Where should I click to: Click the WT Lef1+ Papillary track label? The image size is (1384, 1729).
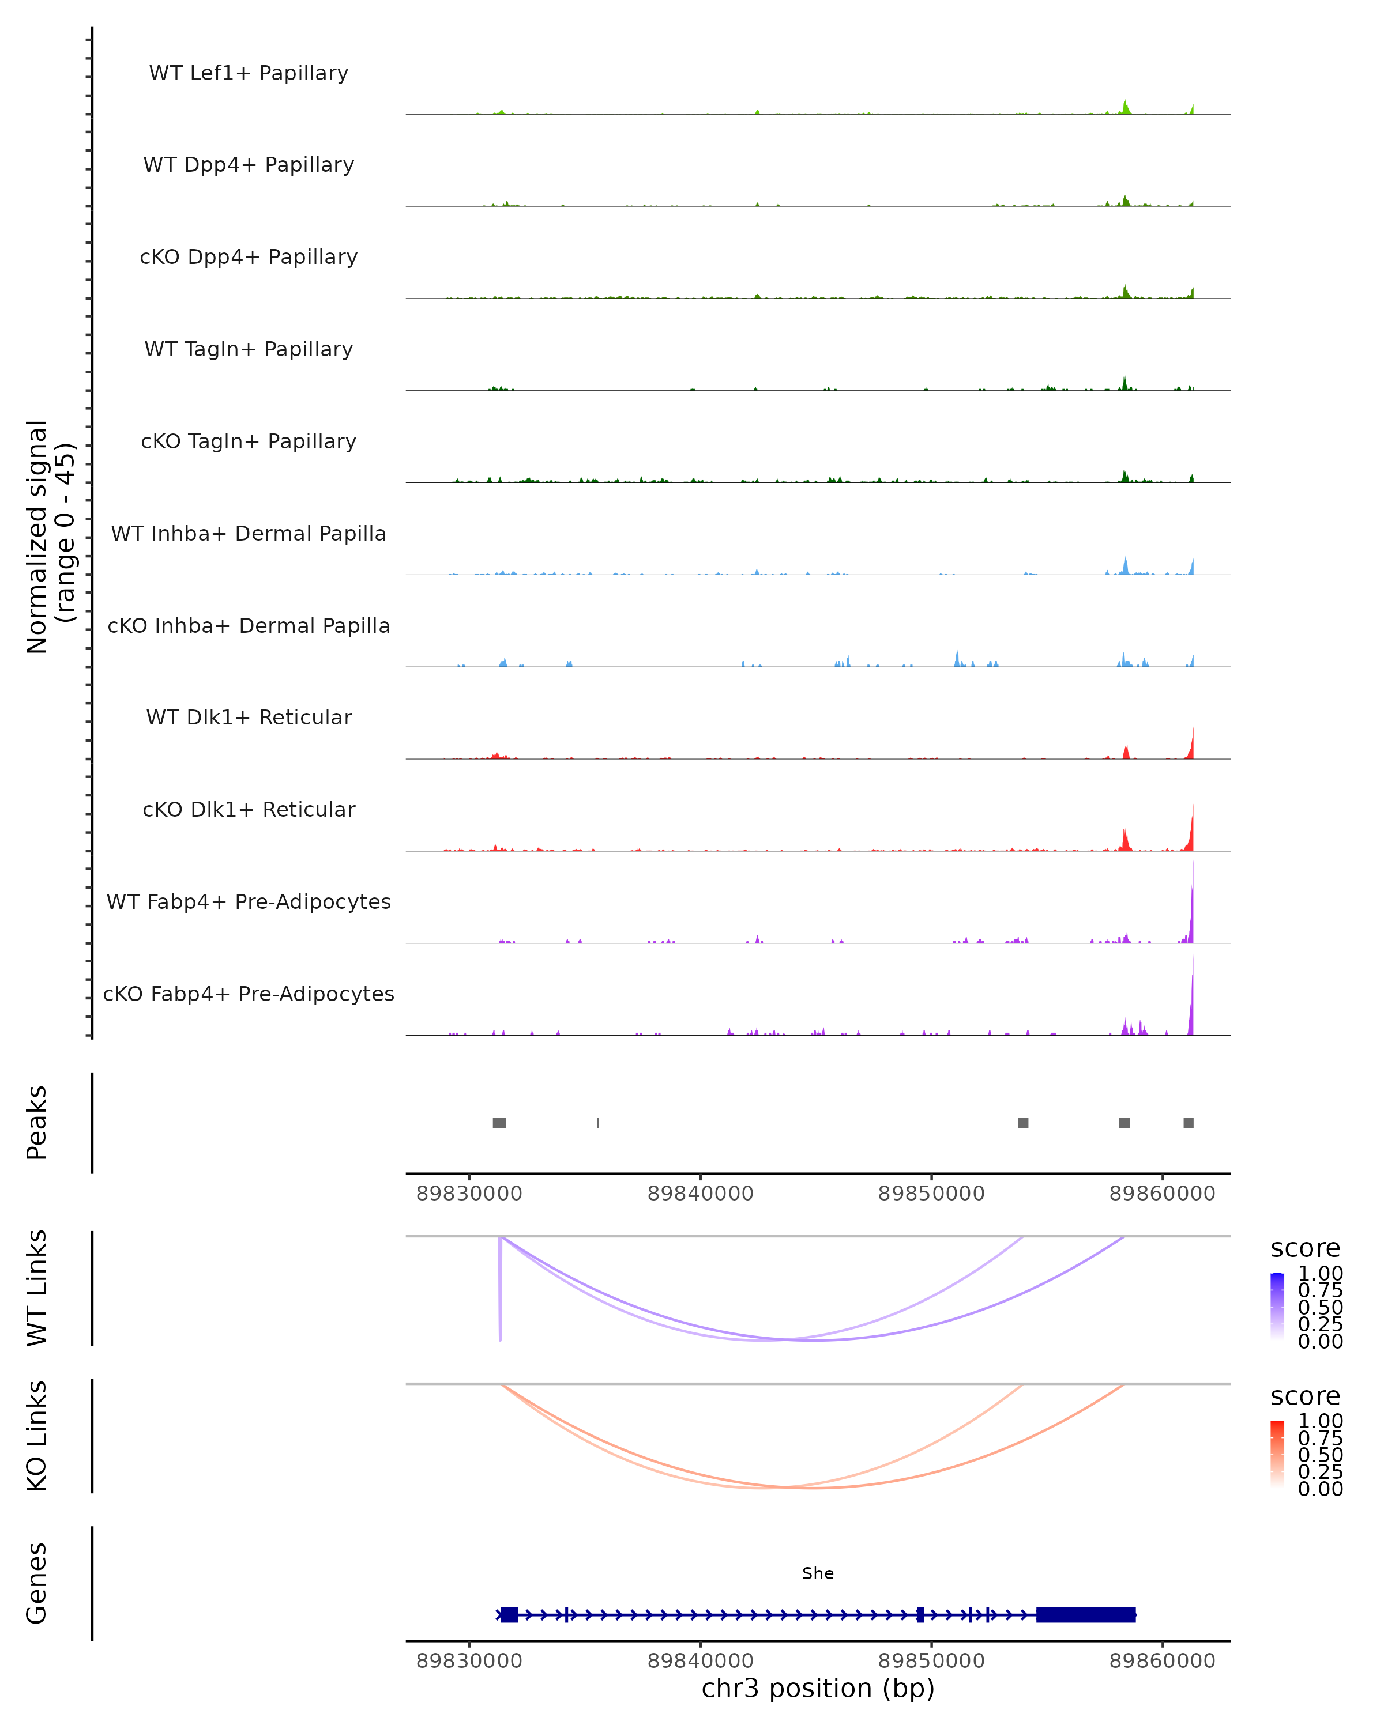(x=249, y=73)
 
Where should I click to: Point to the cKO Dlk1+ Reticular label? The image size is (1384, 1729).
(x=249, y=809)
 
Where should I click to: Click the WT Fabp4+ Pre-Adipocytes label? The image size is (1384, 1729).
(x=249, y=901)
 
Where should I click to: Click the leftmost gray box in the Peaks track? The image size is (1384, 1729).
(x=499, y=1123)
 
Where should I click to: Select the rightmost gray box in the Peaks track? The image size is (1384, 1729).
(x=1189, y=1123)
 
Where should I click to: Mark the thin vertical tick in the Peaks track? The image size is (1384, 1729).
(x=598, y=1123)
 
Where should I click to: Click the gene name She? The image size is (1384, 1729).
(x=818, y=1573)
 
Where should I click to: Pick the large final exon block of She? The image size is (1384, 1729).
(x=1085, y=1614)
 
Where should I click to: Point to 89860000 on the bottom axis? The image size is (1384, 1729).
(x=1162, y=1661)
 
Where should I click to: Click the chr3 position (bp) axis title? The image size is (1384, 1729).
(x=818, y=1688)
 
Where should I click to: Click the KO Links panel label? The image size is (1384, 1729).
(x=37, y=1436)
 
